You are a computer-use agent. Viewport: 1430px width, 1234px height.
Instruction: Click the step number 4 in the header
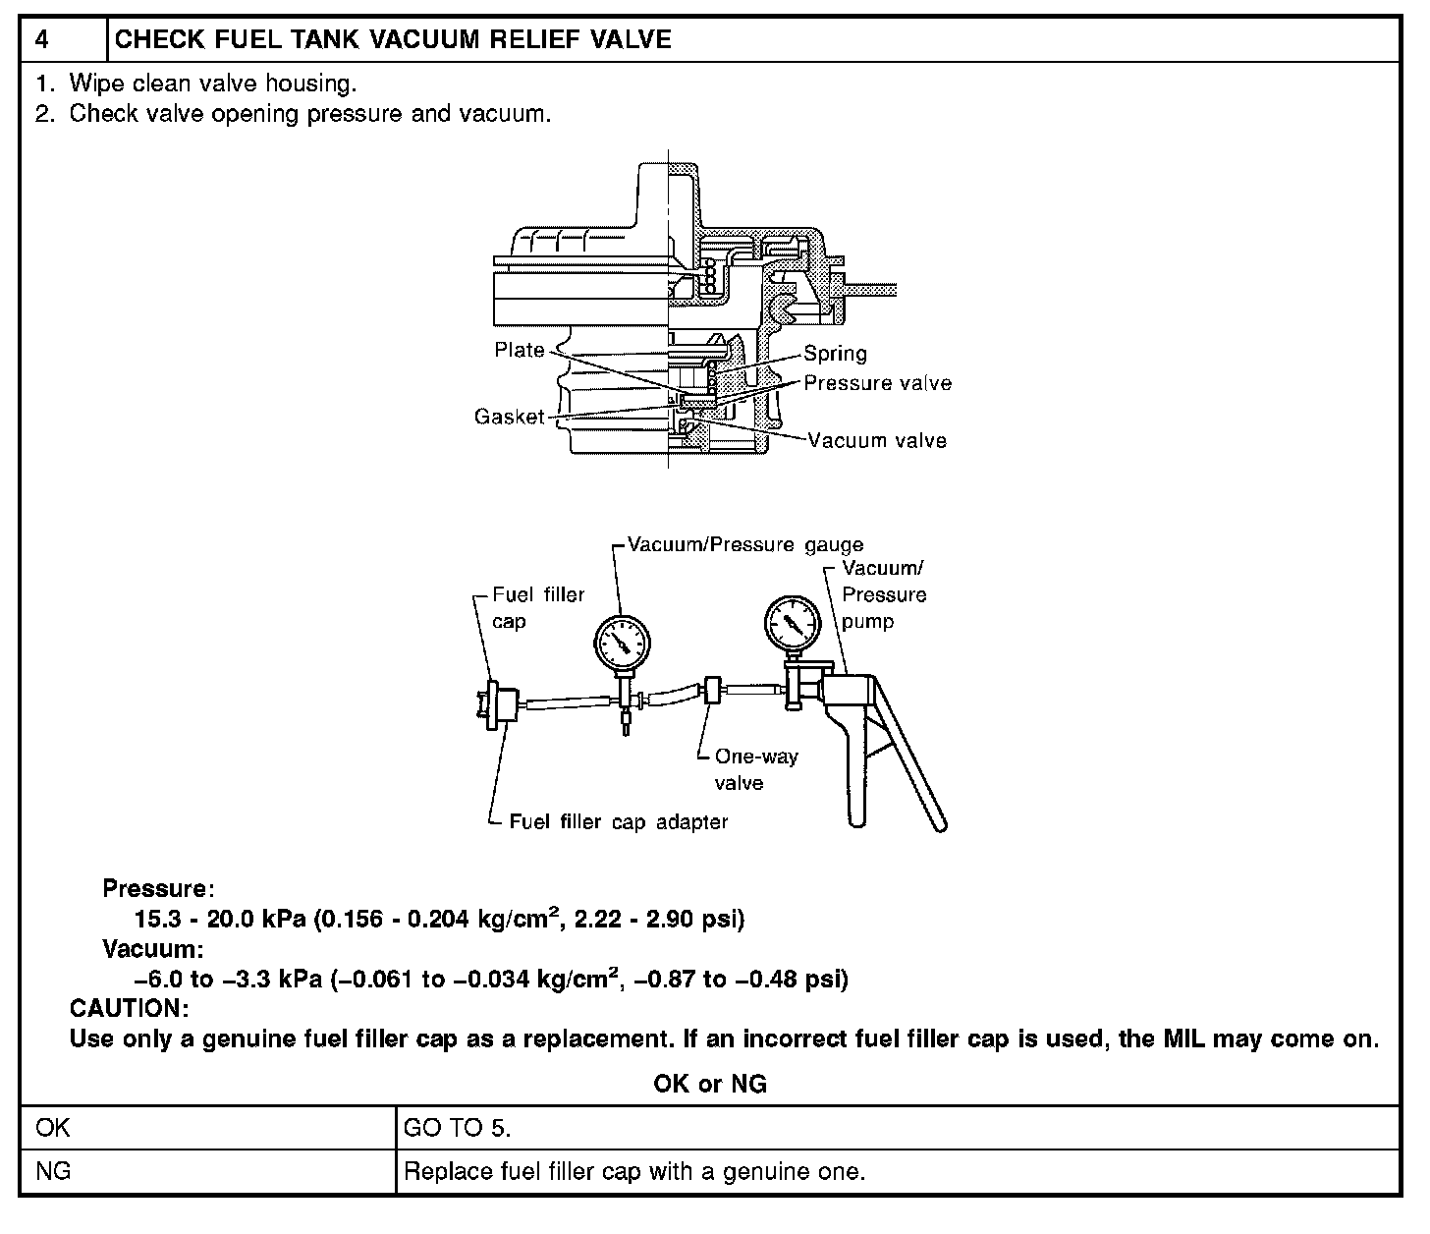pyautogui.click(x=42, y=40)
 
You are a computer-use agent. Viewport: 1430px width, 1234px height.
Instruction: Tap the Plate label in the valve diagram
pyautogui.click(x=520, y=351)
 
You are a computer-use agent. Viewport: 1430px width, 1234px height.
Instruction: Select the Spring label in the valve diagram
pyautogui.click(x=835, y=354)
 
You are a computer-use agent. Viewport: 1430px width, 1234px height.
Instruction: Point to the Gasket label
pyautogui.click(x=509, y=417)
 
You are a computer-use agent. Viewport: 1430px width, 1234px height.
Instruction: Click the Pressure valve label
pyautogui.click(x=877, y=383)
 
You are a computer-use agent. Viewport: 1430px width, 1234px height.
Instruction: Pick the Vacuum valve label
pyautogui.click(x=877, y=440)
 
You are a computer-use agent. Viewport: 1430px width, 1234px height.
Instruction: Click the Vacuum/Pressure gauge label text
pyautogui.click(x=745, y=545)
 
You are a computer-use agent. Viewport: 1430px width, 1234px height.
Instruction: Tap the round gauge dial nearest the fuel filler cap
pyautogui.click(x=623, y=643)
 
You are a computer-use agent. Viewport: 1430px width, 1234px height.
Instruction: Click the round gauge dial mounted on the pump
pyautogui.click(x=792, y=622)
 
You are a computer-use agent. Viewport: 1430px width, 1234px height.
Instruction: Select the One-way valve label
pyautogui.click(x=755, y=769)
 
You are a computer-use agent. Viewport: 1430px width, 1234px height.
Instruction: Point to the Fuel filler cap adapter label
pyautogui.click(x=619, y=821)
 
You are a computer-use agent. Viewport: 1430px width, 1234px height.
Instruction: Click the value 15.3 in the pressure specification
pyautogui.click(x=153, y=920)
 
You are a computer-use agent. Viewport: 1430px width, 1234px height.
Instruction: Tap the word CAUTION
pyautogui.click(x=129, y=1009)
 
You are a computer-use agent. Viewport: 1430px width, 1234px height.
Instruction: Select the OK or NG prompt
pyautogui.click(x=710, y=1084)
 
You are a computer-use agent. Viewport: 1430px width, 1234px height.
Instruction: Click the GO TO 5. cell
pyautogui.click(x=458, y=1128)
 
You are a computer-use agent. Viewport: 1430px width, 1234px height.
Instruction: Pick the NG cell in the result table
pyautogui.click(x=53, y=1171)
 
